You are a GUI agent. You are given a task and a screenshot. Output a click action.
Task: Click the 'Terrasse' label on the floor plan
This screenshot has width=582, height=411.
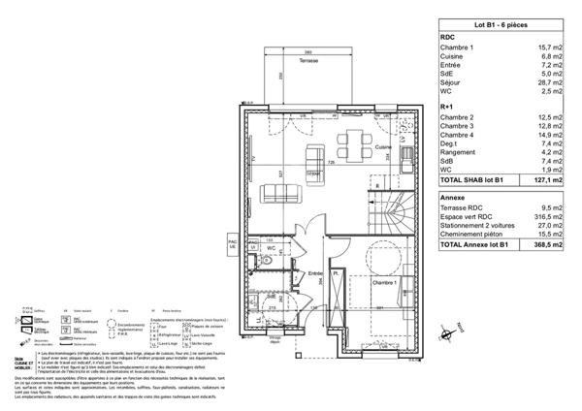pos(309,60)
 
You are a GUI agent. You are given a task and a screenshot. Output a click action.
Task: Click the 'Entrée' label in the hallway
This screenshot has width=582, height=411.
pos(314,274)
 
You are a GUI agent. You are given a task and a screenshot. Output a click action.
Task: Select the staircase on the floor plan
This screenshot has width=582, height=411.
pos(389,209)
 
